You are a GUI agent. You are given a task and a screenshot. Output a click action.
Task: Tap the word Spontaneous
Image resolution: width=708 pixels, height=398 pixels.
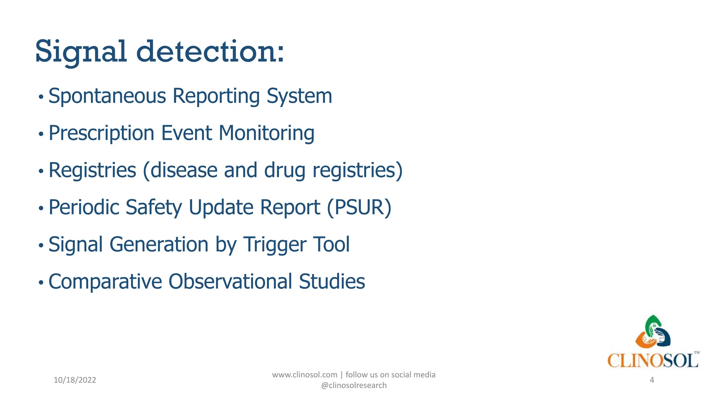[x=107, y=96]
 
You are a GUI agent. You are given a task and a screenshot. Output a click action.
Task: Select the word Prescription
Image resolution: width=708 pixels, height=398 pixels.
[x=101, y=133]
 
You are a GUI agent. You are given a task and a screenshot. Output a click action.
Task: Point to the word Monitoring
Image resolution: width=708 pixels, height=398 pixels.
[x=267, y=133]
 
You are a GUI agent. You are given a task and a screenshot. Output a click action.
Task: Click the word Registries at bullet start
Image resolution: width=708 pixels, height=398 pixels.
[x=92, y=170]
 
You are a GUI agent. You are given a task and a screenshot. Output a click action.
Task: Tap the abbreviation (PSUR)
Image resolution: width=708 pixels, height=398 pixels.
[x=359, y=208]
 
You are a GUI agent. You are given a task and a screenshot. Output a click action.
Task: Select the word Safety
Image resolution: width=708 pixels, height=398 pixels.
[x=153, y=208]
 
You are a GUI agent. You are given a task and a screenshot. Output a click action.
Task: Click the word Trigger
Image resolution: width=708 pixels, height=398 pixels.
[x=274, y=245]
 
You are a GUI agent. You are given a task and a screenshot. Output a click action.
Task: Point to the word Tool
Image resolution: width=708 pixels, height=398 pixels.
[x=331, y=245]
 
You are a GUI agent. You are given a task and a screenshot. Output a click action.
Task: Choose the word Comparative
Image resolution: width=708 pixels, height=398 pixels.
[x=105, y=282]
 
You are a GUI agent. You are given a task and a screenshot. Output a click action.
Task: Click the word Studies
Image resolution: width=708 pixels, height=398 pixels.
[x=332, y=282]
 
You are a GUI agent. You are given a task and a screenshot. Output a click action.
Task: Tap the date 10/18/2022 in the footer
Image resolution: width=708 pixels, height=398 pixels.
[x=75, y=380]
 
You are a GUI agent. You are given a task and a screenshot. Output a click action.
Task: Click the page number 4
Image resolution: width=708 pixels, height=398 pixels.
[x=652, y=380]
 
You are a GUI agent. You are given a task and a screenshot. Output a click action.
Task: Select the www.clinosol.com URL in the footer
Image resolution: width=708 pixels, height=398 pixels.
[x=305, y=375]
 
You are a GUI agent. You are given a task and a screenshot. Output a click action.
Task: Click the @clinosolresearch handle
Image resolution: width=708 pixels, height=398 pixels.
[x=354, y=386]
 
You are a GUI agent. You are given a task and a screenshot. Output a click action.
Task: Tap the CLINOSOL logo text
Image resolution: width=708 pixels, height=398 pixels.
[x=653, y=361]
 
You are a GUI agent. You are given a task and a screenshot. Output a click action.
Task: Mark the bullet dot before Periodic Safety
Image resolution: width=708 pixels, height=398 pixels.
[x=41, y=208]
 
